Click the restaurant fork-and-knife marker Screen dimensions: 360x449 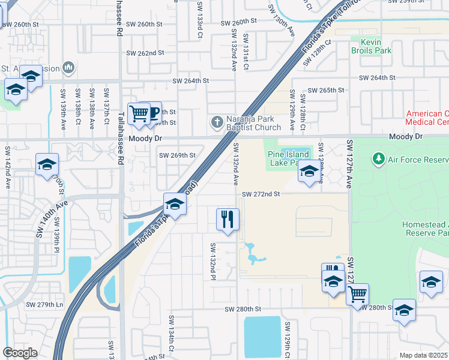[228, 219]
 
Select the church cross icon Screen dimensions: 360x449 [217, 122]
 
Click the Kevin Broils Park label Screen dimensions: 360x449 [372, 46]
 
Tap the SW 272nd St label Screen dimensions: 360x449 [261, 194]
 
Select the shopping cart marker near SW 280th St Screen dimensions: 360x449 [357, 294]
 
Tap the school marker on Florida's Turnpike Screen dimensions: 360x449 [175, 204]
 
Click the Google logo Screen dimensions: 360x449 [20, 353]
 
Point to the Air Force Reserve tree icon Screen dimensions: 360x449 [378, 159]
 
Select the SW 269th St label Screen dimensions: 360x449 [177, 155]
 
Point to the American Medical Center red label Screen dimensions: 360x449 [427, 118]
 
